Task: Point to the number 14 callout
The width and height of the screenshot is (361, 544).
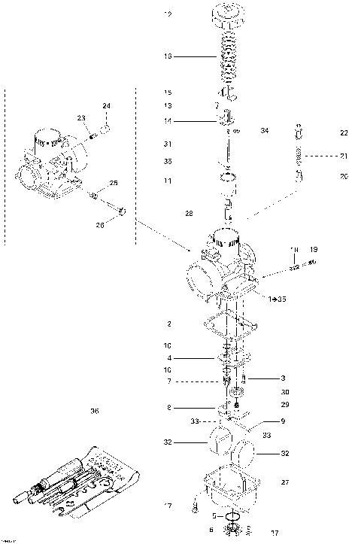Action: pos(168,120)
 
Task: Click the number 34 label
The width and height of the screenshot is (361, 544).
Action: pos(264,131)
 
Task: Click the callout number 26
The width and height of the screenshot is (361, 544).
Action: pos(100,224)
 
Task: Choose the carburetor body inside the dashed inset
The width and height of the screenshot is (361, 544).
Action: pos(49,164)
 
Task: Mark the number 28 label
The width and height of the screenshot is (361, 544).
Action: pos(189,214)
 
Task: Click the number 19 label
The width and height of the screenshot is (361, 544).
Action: pos(314,249)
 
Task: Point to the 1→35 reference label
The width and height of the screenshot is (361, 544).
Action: pos(278,299)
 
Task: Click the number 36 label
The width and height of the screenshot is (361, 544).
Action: pos(94,411)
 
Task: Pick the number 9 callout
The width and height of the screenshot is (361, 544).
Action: pos(283,421)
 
